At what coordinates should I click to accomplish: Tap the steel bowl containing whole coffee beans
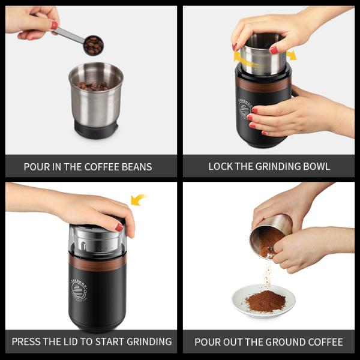pyautogui.click(x=95, y=96)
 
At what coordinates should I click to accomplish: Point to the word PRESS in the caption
pyautogui.click(x=27, y=342)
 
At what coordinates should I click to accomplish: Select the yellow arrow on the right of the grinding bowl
pyautogui.click(x=291, y=55)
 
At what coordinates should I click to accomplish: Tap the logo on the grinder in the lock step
pyautogui.click(x=244, y=107)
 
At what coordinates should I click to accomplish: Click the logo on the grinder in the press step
pyautogui.click(x=79, y=287)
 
